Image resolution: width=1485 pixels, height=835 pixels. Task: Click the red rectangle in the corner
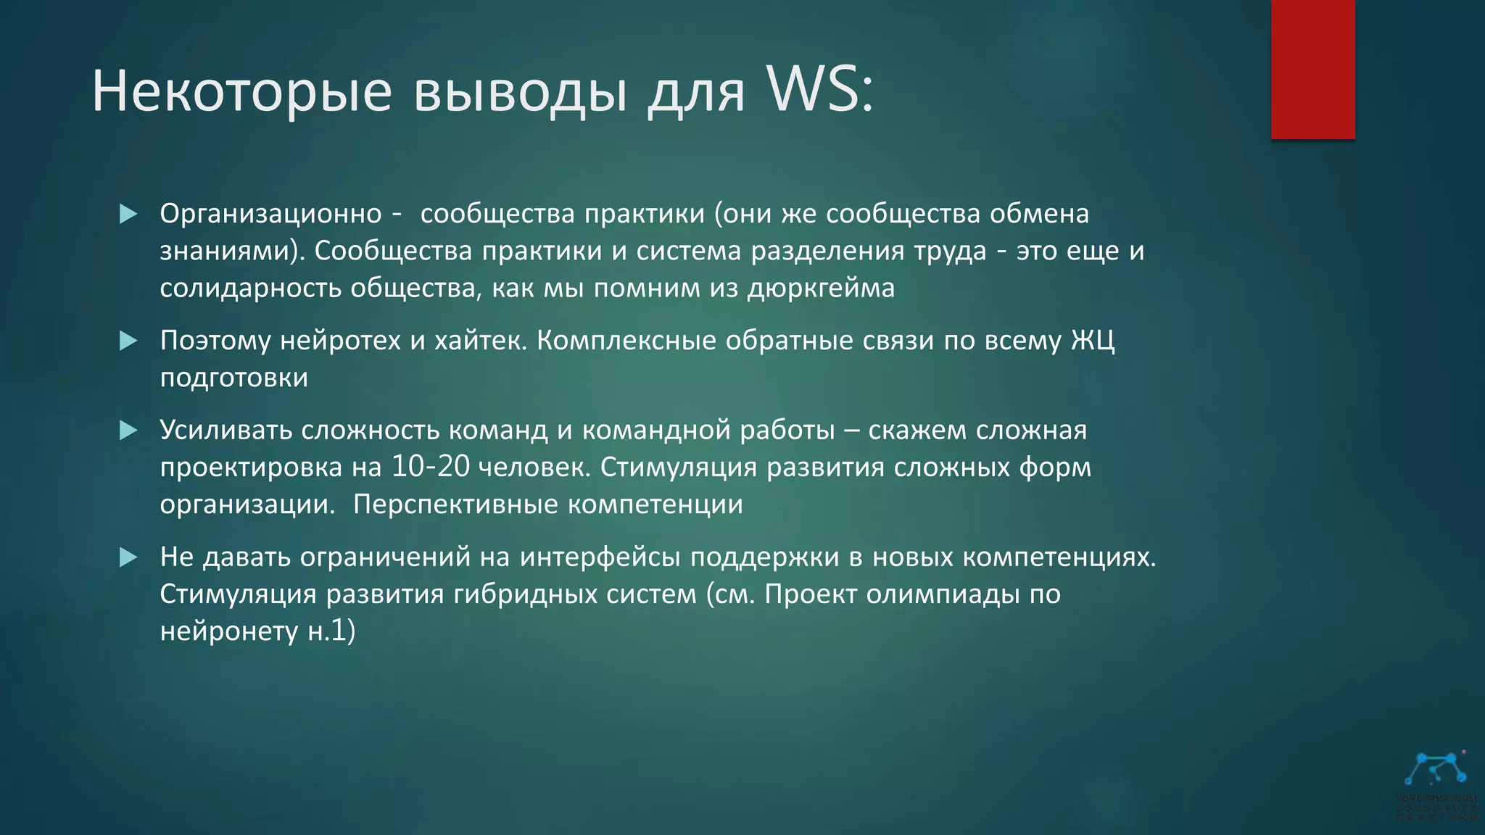point(1312,69)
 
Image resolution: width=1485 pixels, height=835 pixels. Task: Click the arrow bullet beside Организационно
point(128,214)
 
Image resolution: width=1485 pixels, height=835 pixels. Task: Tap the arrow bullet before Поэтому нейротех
point(128,341)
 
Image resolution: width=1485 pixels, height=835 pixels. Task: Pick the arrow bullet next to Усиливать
point(128,431)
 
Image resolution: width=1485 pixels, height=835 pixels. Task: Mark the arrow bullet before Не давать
point(128,557)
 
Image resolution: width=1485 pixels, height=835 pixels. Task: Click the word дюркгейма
point(821,288)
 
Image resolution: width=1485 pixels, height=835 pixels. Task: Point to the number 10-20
point(431,467)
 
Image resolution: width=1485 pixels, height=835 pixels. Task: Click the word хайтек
point(479,341)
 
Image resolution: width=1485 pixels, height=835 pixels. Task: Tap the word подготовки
point(233,378)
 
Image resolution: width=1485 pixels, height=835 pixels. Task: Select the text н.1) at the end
point(331,631)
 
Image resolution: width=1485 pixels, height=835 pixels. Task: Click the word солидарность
point(250,288)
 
